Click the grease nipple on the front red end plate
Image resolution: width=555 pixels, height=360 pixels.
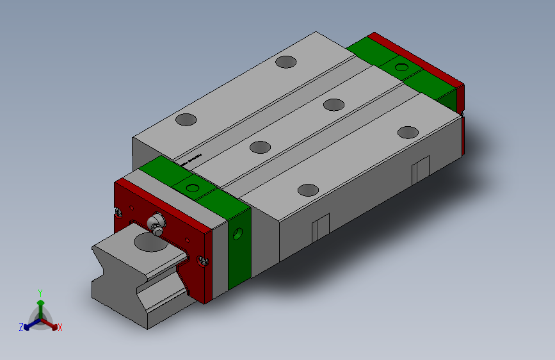click(156, 225)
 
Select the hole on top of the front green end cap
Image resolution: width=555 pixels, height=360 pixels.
click(192, 188)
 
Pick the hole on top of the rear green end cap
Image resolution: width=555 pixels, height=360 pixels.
click(401, 67)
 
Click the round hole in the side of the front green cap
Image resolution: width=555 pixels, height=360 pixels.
click(239, 233)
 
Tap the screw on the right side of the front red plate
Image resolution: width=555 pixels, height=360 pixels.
click(204, 260)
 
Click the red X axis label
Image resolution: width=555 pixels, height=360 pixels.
click(60, 328)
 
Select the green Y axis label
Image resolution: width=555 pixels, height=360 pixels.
click(40, 291)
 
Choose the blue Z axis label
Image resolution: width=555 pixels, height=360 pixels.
click(21, 327)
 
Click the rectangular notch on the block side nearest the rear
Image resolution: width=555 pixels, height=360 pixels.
click(420, 169)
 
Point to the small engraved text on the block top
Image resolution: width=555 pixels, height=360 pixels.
click(191, 159)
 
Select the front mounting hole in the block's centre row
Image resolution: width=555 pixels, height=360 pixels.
click(260, 147)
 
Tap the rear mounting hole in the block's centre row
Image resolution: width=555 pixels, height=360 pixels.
click(334, 104)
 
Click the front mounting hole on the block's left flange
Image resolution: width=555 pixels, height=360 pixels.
click(186, 119)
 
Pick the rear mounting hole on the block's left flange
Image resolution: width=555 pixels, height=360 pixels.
click(286, 62)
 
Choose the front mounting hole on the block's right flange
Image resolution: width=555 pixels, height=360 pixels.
click(309, 190)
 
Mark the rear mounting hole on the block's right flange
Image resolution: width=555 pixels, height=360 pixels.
click(407, 132)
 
